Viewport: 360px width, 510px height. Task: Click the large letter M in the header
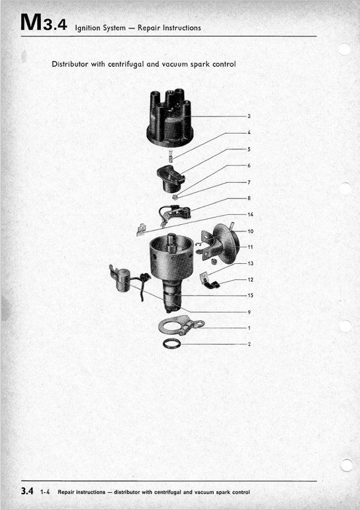(31, 22)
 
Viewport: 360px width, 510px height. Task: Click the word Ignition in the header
(87, 28)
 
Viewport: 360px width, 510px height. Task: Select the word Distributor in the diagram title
(70, 64)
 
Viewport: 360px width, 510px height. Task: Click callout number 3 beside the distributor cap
(249, 116)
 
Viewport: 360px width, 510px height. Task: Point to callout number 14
(250, 214)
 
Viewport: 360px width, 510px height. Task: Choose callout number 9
(249, 312)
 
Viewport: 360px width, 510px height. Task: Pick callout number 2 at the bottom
(249, 344)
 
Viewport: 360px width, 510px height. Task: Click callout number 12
(250, 279)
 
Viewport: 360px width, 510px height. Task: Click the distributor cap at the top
(170, 117)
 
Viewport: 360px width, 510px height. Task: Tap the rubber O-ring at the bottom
(171, 343)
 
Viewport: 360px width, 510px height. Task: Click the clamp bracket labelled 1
(181, 325)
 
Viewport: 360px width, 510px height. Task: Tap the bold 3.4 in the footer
(27, 491)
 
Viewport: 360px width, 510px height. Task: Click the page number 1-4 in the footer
(45, 492)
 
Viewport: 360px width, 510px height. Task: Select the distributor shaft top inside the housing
(171, 242)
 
